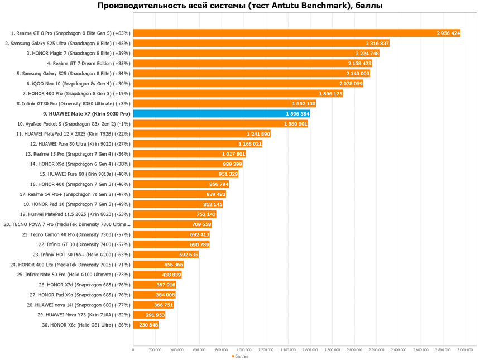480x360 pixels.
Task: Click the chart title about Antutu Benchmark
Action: pyautogui.click(x=240, y=6)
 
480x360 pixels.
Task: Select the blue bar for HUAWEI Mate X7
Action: pyautogui.click(x=221, y=114)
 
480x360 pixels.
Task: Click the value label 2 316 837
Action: pyautogui.click(x=377, y=44)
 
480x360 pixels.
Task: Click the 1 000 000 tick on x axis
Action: pyautogui.click(x=244, y=350)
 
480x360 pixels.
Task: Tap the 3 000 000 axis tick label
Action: pyautogui.click(x=465, y=350)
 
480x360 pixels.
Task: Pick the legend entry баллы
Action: pyautogui.click(x=240, y=356)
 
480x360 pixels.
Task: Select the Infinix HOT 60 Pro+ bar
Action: pyautogui.click(x=166, y=255)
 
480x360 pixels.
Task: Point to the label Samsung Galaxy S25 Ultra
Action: pyautogui.click(x=68, y=44)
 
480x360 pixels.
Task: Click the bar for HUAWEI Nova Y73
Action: pyautogui.click(x=149, y=315)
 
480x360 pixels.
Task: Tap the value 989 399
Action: pyautogui.click(x=232, y=164)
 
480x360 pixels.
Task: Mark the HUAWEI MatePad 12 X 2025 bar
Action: pyautogui.click(x=201, y=134)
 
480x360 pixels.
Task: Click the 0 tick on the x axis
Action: pyautogui.click(x=133, y=350)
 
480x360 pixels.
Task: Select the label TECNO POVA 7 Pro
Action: pyautogui.click(x=67, y=224)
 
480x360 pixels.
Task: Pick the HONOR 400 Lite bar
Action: pyautogui.click(x=158, y=265)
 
